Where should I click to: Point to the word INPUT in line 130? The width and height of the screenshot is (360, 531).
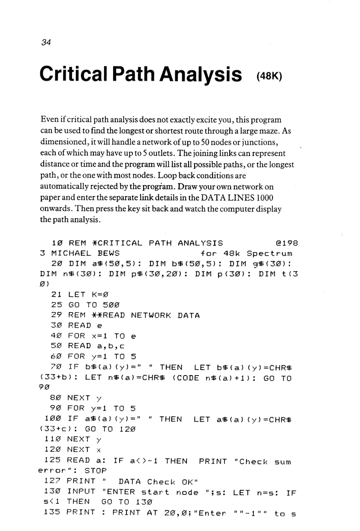[x=81, y=492]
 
